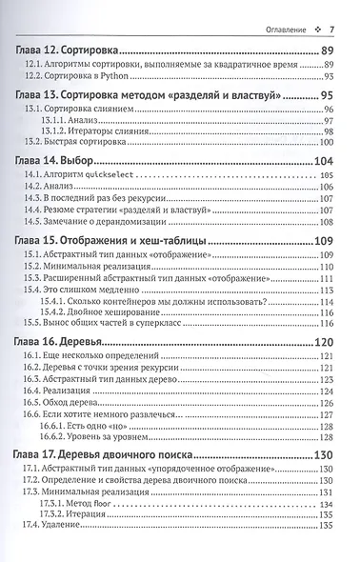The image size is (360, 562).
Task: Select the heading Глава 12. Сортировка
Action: (73, 49)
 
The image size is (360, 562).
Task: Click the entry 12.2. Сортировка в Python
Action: (80, 76)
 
